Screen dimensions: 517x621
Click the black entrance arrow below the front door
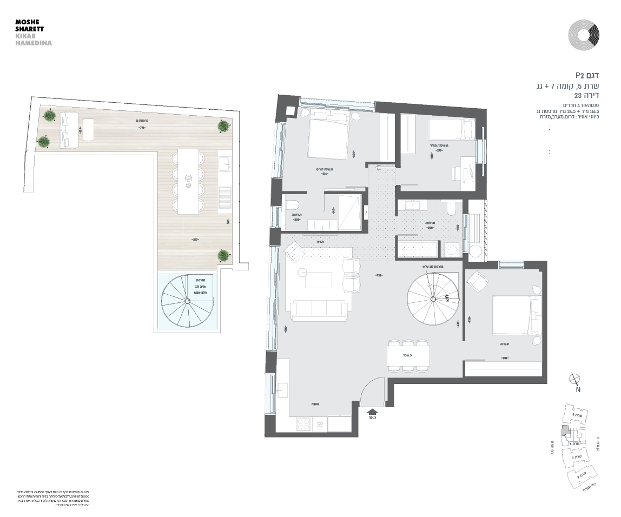[x=372, y=413]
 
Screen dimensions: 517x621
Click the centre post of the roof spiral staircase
[x=188, y=301]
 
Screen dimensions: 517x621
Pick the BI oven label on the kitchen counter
[x=320, y=425]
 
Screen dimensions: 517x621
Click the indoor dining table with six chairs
[x=408, y=356]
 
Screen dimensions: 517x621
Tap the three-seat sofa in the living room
[x=319, y=310]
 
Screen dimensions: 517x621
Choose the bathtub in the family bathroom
[x=418, y=249]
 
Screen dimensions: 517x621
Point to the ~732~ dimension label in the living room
[x=379, y=275]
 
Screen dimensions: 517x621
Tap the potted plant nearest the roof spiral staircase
[x=222, y=255]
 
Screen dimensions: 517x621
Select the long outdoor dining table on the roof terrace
[x=188, y=181]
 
